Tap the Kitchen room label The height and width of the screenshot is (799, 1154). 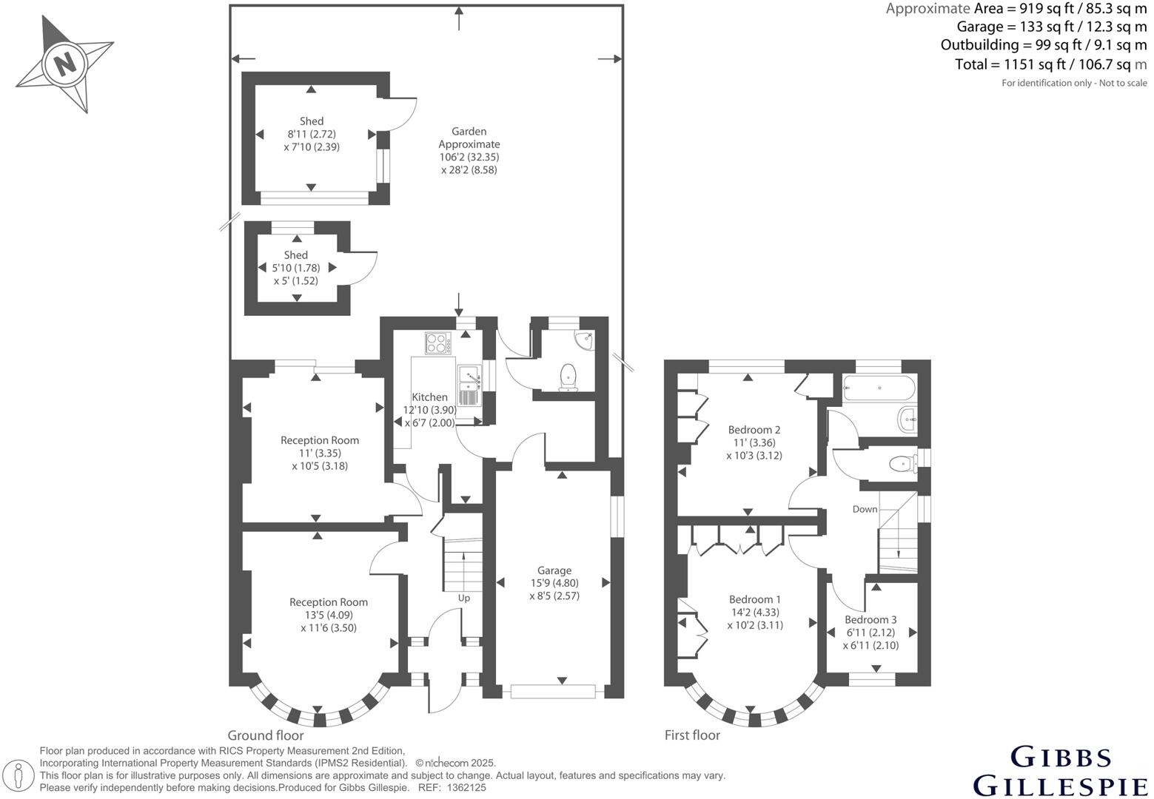click(429, 397)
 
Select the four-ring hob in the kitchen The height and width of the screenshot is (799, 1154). click(438, 343)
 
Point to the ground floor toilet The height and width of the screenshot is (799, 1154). click(568, 376)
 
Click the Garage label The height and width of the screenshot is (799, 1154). click(554, 570)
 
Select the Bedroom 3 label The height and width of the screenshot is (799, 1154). click(870, 620)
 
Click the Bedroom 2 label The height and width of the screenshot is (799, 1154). click(754, 430)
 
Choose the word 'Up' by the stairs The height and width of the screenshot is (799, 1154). click(463, 598)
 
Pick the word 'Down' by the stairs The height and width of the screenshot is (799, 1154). click(865, 509)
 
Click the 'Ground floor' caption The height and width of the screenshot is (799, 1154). click(265, 735)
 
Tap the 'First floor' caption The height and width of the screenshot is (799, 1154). click(692, 735)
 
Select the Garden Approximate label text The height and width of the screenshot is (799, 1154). click(469, 138)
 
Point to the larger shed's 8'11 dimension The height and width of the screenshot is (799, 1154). click(312, 134)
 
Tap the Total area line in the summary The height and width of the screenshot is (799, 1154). click(1050, 64)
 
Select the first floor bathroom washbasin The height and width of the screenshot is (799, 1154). click(908, 419)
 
